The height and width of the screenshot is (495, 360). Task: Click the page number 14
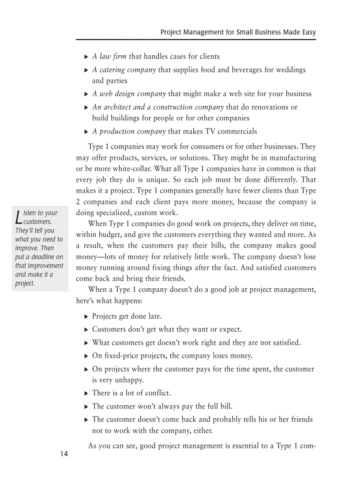[64, 454]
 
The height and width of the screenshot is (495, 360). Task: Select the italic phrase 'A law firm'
[109, 56]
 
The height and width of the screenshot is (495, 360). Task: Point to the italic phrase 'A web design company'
[129, 94]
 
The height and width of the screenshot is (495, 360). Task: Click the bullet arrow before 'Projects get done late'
[86, 316]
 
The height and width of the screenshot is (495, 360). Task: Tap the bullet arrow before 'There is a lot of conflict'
[86, 393]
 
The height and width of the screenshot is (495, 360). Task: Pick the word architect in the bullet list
[117, 107]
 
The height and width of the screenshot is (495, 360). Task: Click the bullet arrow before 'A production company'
[86, 132]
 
